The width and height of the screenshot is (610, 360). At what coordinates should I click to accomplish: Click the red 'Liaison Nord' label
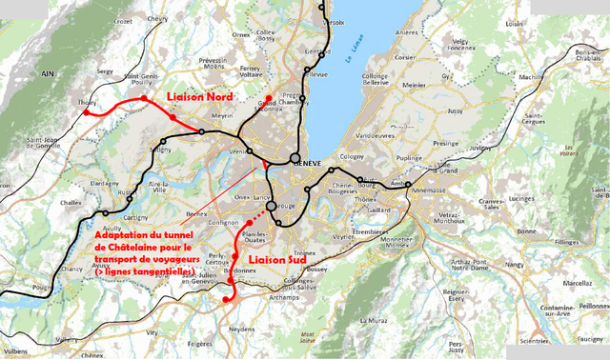202,98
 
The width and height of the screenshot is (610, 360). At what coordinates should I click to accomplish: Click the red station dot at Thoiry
86,112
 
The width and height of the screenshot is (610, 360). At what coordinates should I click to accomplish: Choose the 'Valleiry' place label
67,340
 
